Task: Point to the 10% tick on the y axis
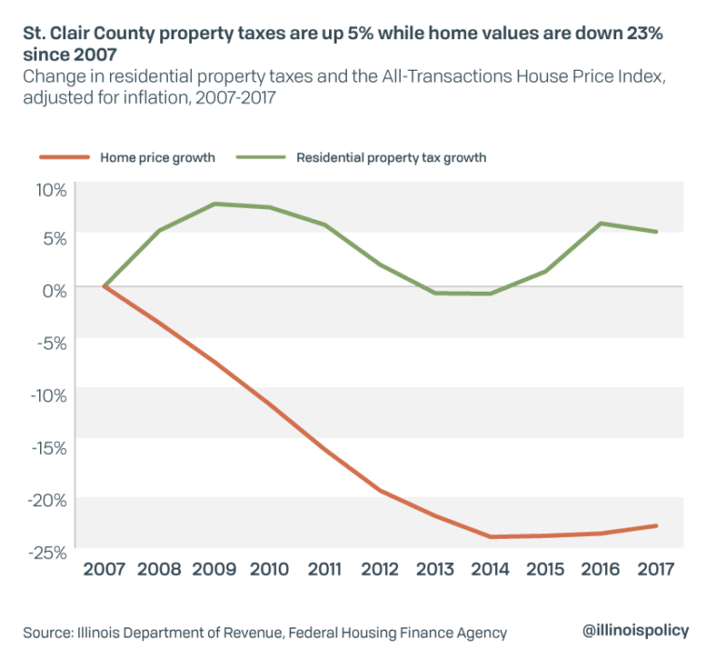tap(51, 191)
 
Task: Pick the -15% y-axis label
tap(48, 448)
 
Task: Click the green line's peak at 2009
tap(214, 203)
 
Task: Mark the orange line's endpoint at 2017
tap(657, 526)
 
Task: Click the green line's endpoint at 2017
tap(657, 232)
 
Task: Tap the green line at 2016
tap(601, 224)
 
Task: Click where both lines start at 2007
tap(103, 286)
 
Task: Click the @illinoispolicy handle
tap(636, 630)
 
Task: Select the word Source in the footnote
tap(48, 633)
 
